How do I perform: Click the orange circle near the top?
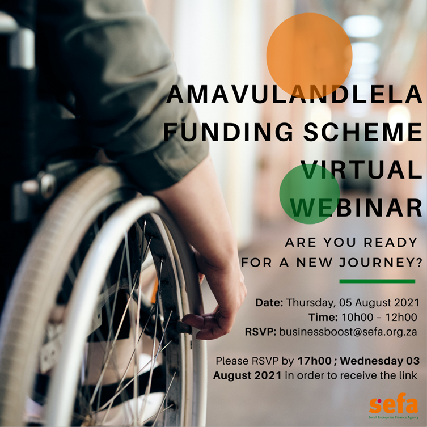tap(309, 54)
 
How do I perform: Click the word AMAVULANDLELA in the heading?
tap(295, 95)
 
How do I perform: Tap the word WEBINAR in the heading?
tap(356, 206)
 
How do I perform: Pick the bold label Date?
tap(269, 302)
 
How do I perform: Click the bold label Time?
tap(322, 317)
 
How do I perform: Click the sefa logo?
tap(393, 406)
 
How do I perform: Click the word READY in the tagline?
tap(389, 243)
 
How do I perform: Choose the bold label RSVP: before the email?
tap(261, 332)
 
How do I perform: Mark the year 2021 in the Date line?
tap(406, 302)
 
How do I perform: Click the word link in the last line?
tap(409, 375)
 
